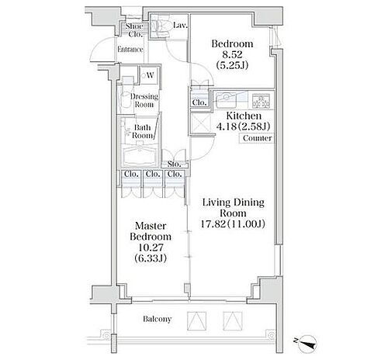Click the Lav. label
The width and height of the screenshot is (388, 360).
tap(178, 26)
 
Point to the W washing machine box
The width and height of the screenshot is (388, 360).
tap(148, 75)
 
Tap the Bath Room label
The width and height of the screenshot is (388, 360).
tap(142, 132)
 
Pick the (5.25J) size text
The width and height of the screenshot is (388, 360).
tap(231, 67)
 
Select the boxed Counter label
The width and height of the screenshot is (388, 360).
tap(255, 138)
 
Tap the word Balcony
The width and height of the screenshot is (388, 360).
tap(158, 319)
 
